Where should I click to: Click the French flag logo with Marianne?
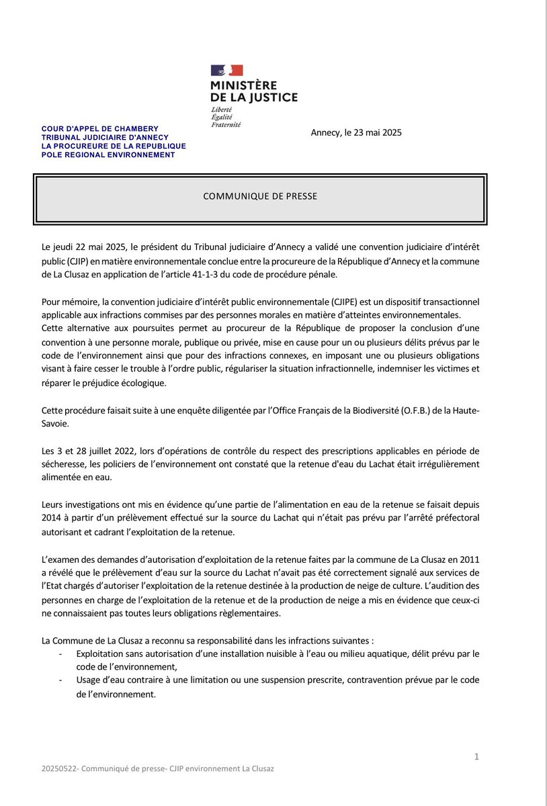(x=226, y=71)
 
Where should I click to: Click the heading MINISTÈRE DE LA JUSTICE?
(x=253, y=91)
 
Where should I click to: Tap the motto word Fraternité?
(x=225, y=124)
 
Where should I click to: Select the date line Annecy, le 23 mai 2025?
(x=356, y=132)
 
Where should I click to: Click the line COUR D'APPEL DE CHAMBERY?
(x=100, y=128)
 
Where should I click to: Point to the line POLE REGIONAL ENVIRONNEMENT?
(x=108, y=154)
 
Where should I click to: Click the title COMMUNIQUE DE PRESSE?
(x=260, y=197)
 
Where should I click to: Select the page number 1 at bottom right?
(x=476, y=757)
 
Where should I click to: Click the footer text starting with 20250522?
(x=157, y=768)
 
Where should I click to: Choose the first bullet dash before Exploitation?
(x=61, y=654)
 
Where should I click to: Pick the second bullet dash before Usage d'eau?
(x=61, y=680)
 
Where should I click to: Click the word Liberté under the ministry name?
(x=222, y=109)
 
